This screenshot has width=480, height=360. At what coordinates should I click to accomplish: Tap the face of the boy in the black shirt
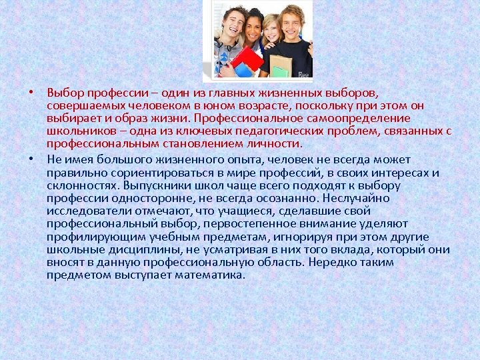(292, 22)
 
